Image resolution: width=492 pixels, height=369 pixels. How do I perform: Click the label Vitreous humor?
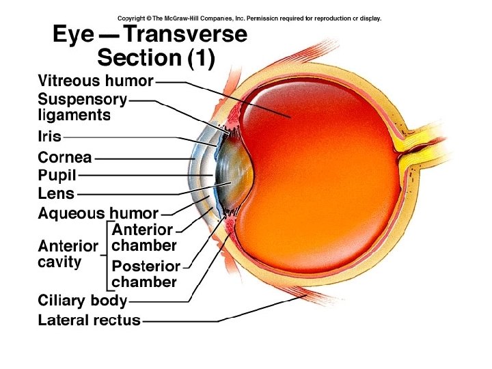click(x=95, y=81)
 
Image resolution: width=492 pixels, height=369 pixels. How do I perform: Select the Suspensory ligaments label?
click(x=82, y=107)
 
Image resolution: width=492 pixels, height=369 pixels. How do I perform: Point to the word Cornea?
click(x=65, y=158)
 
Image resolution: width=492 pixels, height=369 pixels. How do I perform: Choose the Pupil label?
click(x=57, y=175)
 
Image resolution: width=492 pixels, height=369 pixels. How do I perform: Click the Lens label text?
click(x=56, y=193)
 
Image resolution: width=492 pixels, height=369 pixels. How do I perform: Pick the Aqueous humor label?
click(x=98, y=213)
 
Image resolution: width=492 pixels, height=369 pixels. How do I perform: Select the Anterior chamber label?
click(x=143, y=237)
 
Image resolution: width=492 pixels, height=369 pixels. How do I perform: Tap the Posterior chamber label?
click(x=146, y=273)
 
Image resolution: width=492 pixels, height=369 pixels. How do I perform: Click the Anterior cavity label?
click(x=68, y=254)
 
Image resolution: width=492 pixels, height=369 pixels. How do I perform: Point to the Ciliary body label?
click(x=82, y=300)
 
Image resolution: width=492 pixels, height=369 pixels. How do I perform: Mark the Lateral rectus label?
click(x=89, y=319)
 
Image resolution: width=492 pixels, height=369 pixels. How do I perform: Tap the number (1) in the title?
click(x=201, y=59)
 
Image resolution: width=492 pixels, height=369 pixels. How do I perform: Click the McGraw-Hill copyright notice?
click(x=249, y=18)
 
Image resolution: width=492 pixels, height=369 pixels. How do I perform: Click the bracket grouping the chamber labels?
click(x=107, y=254)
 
